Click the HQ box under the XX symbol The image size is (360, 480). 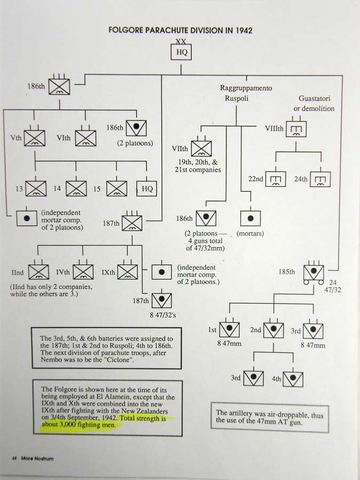point(182,52)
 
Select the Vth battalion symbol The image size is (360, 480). point(35,138)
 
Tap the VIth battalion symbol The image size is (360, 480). point(85,138)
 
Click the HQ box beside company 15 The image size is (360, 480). point(147,189)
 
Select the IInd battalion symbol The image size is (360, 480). point(38,272)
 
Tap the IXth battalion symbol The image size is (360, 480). point(127,272)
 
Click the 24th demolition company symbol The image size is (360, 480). point(321,179)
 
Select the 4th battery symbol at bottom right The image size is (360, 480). point(293,378)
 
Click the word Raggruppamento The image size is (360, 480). point(246,88)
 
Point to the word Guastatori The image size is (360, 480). point(317,98)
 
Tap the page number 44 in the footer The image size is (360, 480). point(14,458)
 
